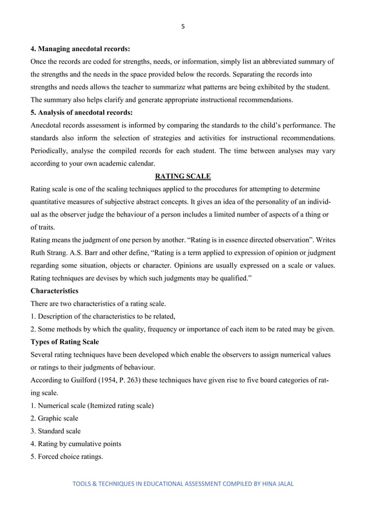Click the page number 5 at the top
click(182, 26)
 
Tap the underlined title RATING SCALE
click(182, 176)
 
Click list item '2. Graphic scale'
click(55, 418)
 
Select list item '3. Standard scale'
click(56, 431)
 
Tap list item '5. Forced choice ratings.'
click(67, 457)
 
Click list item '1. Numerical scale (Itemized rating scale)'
click(92, 405)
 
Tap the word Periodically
click(52, 150)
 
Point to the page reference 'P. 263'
click(137, 380)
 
